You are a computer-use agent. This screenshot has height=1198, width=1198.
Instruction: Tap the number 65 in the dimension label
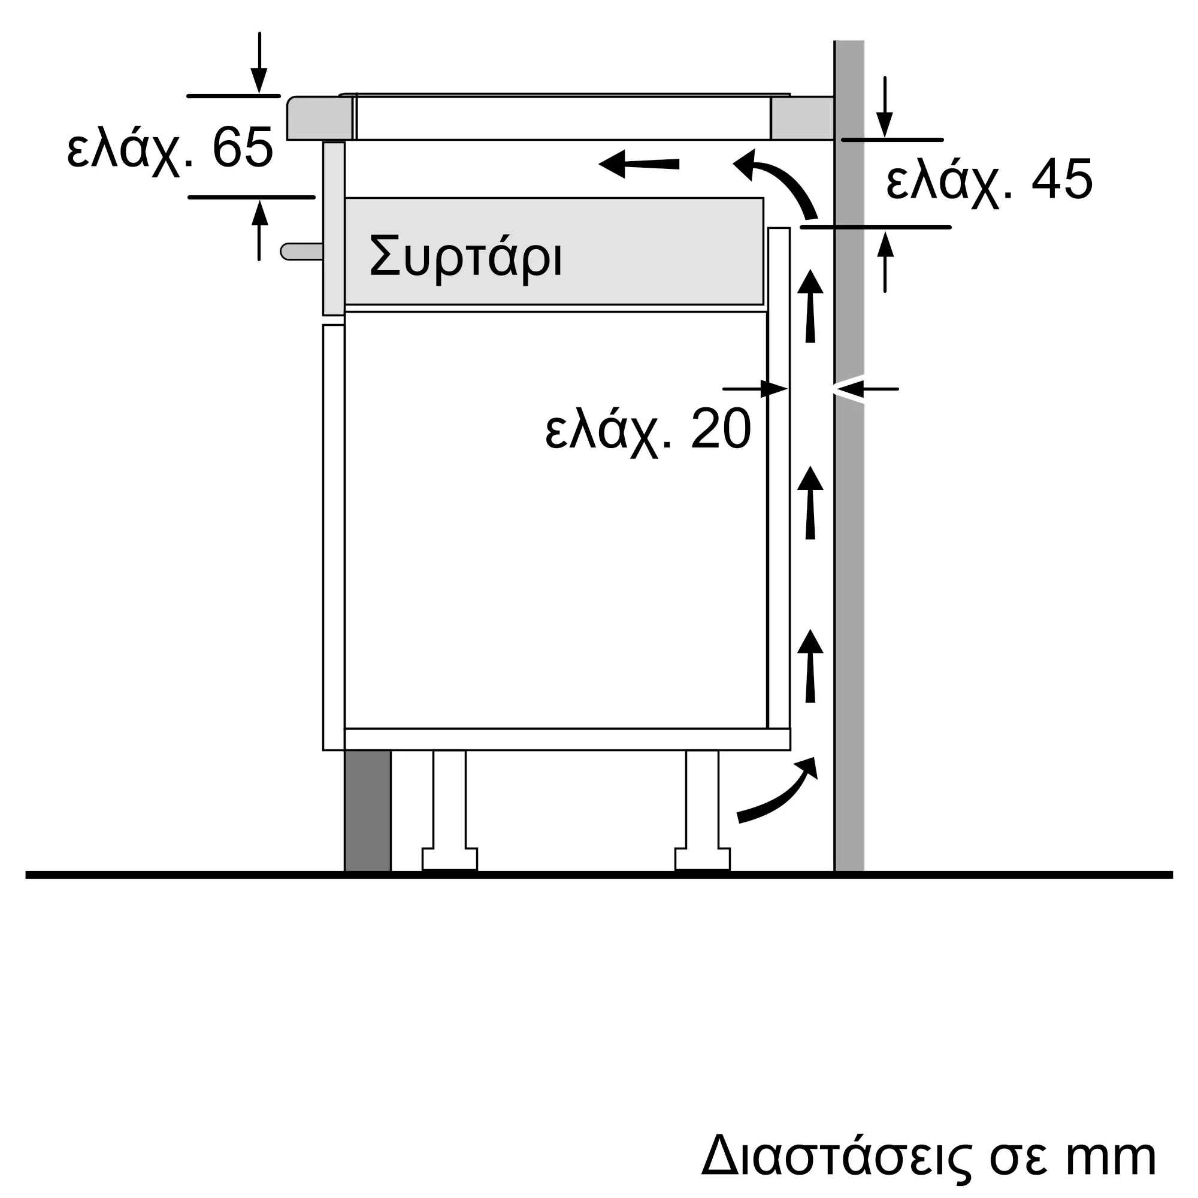[243, 147]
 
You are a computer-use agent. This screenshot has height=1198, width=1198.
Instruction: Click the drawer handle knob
[301, 251]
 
